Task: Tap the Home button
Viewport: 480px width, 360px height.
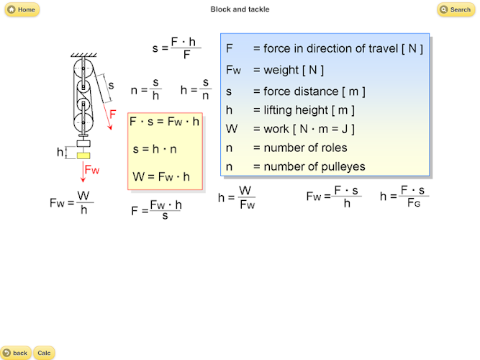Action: click(x=22, y=9)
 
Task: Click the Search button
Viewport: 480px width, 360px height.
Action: click(x=456, y=9)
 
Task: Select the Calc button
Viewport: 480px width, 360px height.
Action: click(x=44, y=353)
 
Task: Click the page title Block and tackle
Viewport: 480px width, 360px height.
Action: click(x=240, y=9)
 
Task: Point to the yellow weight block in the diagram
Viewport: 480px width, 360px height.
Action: click(x=83, y=156)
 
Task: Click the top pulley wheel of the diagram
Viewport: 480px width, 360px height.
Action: click(x=83, y=68)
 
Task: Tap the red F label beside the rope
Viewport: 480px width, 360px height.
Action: click(x=113, y=114)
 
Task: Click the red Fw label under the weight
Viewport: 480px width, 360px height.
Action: click(x=92, y=170)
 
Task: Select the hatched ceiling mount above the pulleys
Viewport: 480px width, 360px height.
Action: click(x=83, y=55)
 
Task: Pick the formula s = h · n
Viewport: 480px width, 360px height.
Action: click(x=155, y=149)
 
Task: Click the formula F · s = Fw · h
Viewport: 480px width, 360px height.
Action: click(x=164, y=122)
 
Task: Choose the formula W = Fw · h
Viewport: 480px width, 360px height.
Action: click(x=161, y=177)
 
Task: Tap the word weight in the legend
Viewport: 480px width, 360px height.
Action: click(x=281, y=71)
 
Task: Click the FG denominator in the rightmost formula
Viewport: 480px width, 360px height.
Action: click(x=414, y=202)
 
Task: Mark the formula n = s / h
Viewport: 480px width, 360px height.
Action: click(x=146, y=90)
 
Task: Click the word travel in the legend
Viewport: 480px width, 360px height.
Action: click(x=383, y=48)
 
